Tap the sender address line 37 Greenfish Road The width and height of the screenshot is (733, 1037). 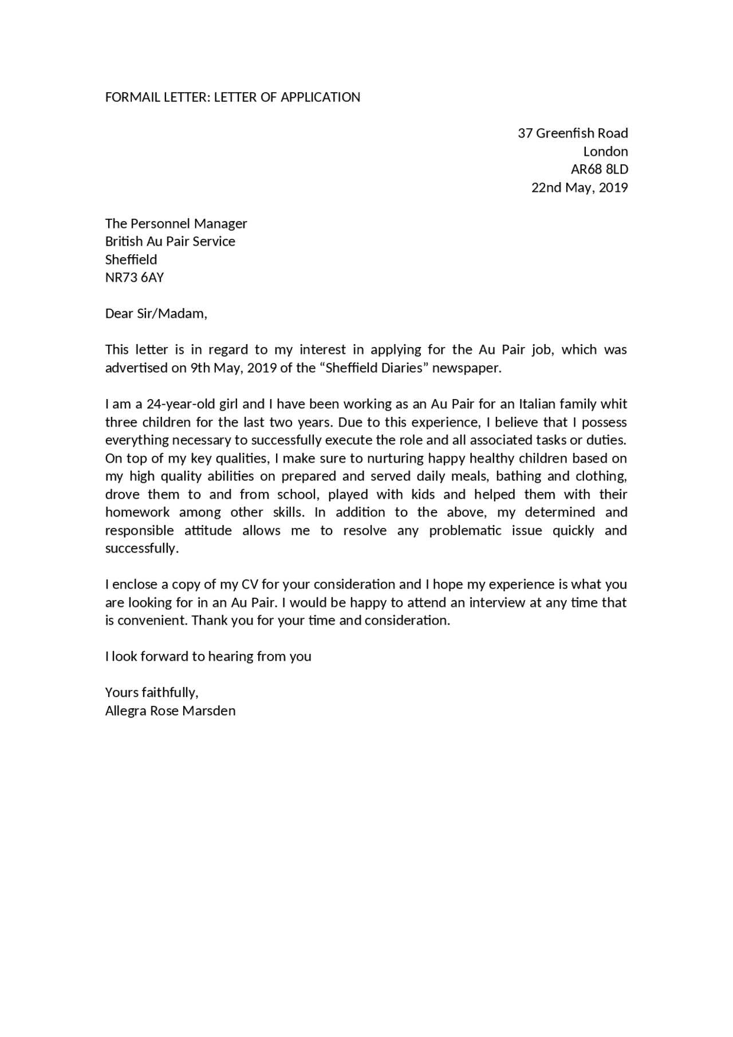pos(573,133)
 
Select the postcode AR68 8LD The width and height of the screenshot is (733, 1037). pos(599,169)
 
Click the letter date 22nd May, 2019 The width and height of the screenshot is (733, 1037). pos(580,188)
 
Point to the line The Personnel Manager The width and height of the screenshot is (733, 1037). pos(176,223)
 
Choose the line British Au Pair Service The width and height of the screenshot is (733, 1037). pos(170,242)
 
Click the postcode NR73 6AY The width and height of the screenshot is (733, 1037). pos(135,278)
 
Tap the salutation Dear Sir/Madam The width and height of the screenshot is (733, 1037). pos(156,314)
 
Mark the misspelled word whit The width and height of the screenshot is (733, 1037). pos(614,404)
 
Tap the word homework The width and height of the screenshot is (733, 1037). pos(137,512)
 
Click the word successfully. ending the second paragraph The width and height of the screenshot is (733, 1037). pos(142,549)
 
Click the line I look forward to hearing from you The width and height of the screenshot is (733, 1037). pos(208,657)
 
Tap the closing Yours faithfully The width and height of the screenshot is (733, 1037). pos(152,693)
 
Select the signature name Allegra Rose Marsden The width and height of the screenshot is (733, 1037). pos(170,711)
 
